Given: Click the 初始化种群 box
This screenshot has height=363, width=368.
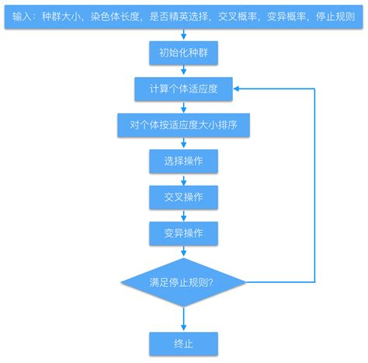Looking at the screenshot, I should [183, 54].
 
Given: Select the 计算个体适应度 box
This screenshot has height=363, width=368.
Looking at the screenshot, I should [183, 89].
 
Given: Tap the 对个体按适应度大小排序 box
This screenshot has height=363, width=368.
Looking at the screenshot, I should [183, 125].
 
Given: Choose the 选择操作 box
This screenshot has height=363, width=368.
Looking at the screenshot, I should [183, 161].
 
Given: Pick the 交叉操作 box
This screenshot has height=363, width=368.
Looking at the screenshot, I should [183, 197].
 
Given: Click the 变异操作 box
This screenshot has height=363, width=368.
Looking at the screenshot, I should [183, 232].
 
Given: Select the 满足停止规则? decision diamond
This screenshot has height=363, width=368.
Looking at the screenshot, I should [183, 282].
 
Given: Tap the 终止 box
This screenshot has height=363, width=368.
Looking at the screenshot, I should [183, 341].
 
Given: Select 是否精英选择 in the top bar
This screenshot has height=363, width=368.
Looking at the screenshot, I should [182, 16].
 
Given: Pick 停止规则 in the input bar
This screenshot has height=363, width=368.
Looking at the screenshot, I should [336, 16].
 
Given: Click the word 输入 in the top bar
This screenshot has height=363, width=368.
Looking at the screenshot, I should [24, 16].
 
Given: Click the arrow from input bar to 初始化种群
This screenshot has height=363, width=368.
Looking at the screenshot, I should [183, 36].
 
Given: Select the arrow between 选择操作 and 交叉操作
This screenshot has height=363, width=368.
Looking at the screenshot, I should [183, 179].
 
